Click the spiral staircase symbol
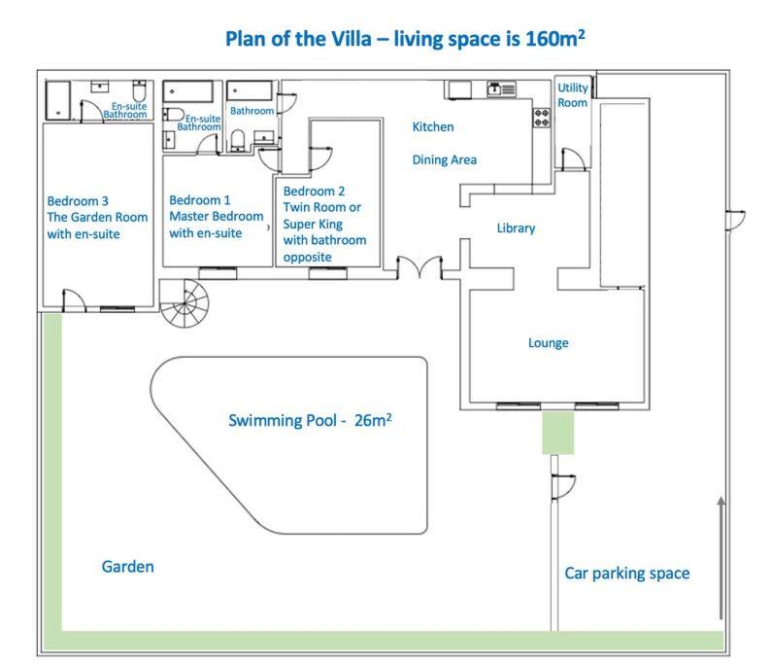point(185,303)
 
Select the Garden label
point(127,567)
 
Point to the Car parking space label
point(626,574)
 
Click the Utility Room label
point(573,95)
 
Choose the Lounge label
point(548,342)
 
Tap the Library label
point(516,228)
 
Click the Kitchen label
point(433,126)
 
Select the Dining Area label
point(444,159)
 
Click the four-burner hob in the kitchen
point(542,118)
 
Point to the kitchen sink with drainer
point(501,89)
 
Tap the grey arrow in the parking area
point(721,557)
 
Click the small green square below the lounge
point(557,433)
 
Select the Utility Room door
point(574,159)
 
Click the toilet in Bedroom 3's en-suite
point(139,90)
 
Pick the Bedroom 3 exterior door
point(75,300)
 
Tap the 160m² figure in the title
point(554,38)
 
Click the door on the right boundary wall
point(735,220)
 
